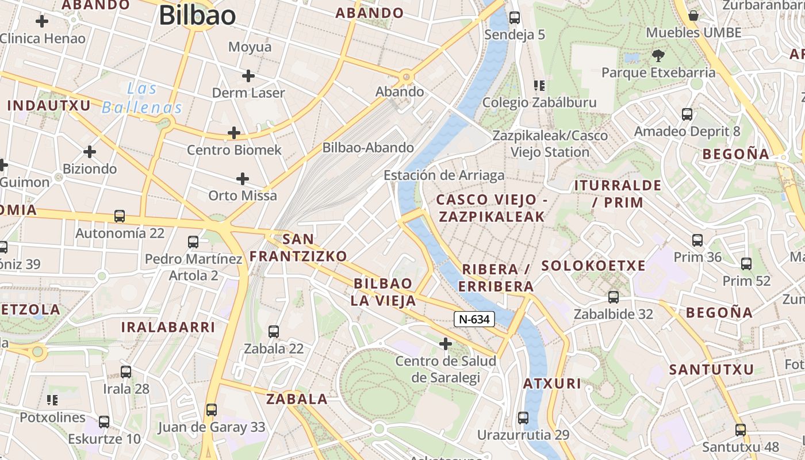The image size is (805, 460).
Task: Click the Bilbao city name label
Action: [197, 15]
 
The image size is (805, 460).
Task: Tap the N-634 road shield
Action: [474, 319]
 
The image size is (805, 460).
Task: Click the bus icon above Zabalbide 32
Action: [614, 297]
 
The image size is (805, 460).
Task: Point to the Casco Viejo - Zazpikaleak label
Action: [490, 208]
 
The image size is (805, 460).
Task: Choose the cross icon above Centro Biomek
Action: [233, 133]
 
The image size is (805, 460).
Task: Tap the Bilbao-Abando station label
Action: [368, 147]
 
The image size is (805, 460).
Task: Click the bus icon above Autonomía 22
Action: [120, 216]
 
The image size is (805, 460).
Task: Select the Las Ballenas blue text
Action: [142, 98]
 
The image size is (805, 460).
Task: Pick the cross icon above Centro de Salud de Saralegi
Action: [446, 344]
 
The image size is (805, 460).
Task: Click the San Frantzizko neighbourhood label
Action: [298, 247]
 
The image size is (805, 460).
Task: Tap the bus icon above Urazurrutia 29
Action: [523, 417]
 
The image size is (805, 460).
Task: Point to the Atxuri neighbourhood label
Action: [552, 384]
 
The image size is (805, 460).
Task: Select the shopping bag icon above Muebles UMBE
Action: [693, 16]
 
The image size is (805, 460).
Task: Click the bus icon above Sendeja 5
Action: [515, 18]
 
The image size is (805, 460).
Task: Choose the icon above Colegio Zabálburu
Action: [539, 86]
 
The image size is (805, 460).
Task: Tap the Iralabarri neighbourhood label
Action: [168, 327]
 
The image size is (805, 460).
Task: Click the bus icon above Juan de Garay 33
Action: [212, 410]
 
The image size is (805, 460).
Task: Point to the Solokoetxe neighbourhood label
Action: [593, 266]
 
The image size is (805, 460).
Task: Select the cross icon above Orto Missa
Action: [243, 178]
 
